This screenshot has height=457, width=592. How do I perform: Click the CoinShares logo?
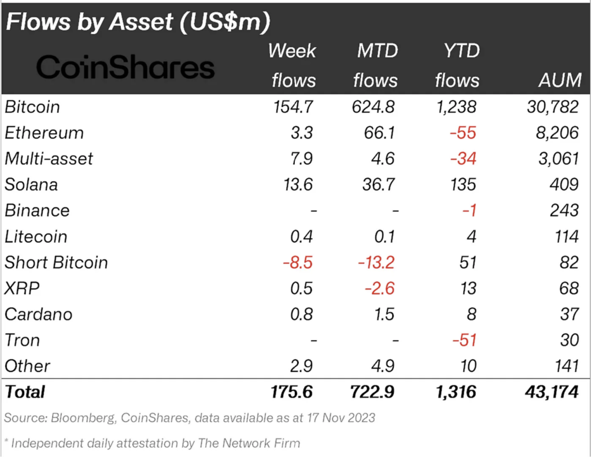coord(125,68)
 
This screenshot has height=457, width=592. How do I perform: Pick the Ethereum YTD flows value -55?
coord(463,133)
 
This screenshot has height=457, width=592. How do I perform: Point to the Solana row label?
coord(31,185)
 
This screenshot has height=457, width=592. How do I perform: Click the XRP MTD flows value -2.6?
coord(379,289)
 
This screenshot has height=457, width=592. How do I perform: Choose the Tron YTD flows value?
coord(463,340)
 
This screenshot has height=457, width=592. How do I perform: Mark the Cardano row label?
coord(39,314)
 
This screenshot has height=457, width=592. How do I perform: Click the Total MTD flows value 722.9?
coord(372,392)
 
